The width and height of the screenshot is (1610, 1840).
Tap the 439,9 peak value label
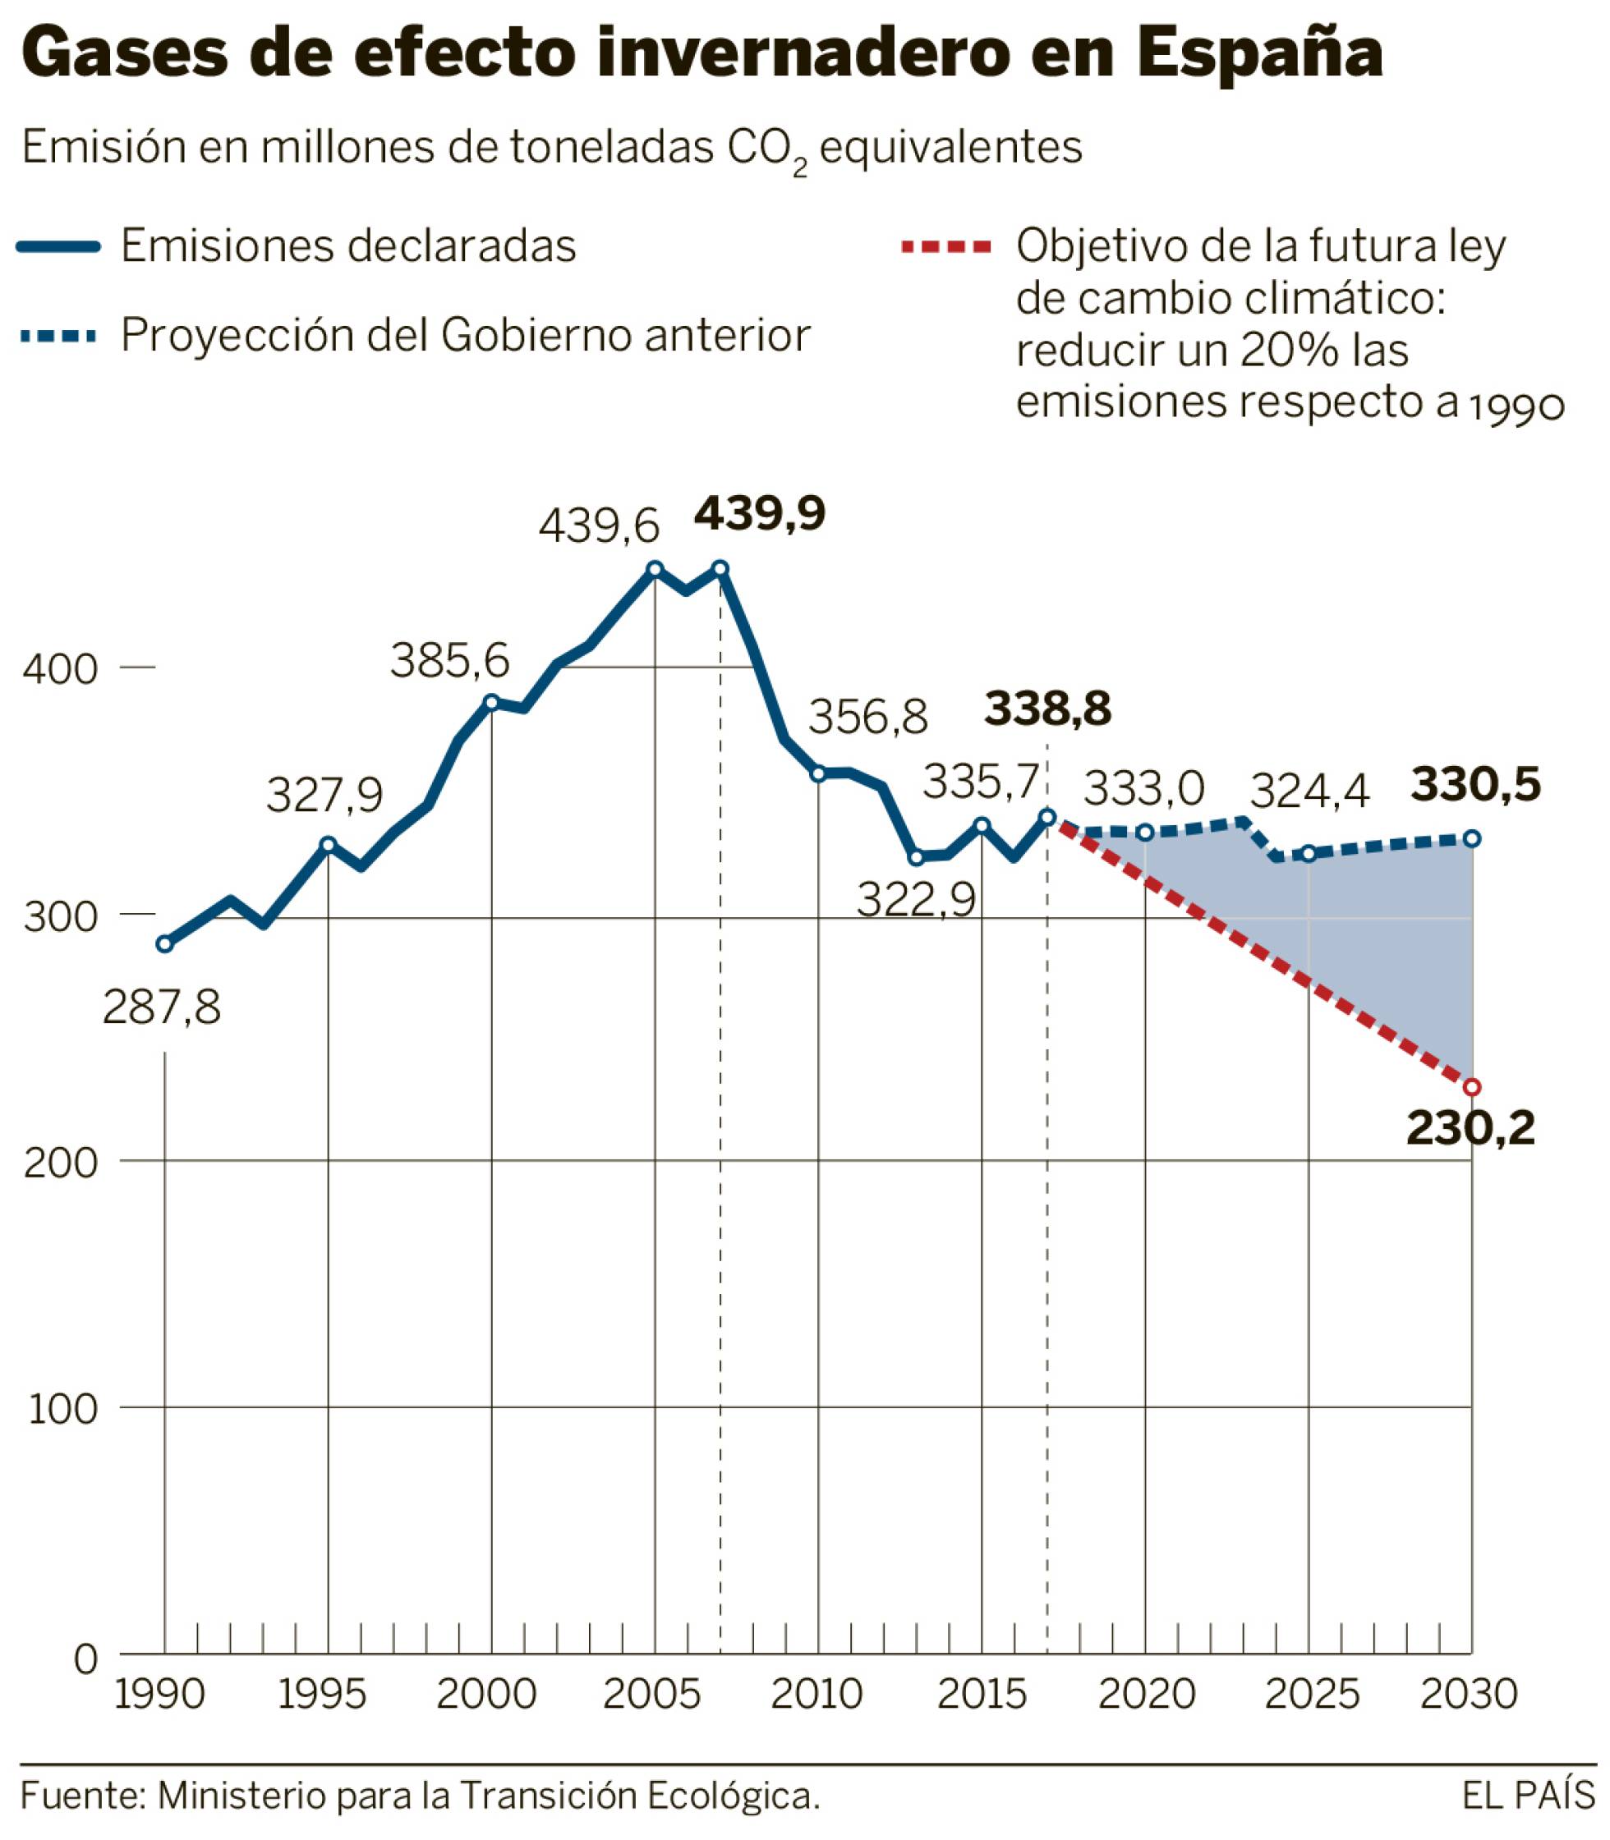[759, 514]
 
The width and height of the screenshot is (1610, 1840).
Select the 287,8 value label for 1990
[162, 1007]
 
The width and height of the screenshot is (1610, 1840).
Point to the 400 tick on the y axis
[59, 669]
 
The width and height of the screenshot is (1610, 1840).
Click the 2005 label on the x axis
[651, 1694]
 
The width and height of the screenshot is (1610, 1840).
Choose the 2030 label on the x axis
[1469, 1694]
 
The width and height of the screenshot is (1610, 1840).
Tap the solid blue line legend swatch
[58, 248]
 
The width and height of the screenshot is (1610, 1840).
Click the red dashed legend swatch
[945, 247]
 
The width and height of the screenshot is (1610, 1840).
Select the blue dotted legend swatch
[58, 337]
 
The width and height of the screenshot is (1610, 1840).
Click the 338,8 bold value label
[1047, 709]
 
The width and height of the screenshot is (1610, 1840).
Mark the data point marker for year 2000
[491, 702]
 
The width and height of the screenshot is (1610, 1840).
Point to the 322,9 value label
[916, 900]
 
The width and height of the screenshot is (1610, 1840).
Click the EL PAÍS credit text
[1527, 1795]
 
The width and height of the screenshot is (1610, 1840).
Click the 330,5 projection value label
[1476, 784]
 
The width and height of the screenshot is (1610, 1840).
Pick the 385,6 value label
[449, 661]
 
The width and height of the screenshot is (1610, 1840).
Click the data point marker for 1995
[328, 845]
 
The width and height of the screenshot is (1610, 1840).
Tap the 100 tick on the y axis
[63, 1410]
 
